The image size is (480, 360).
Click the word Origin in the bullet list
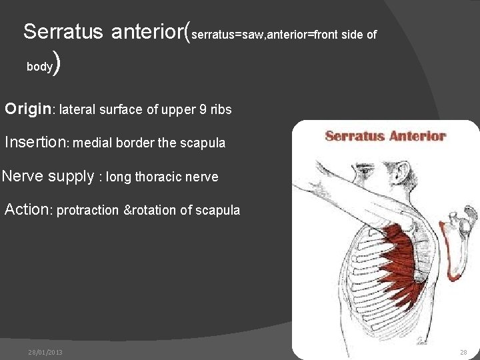click(29, 109)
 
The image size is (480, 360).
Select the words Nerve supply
click(48, 177)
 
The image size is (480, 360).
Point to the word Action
click(27, 210)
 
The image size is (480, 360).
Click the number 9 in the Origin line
click(203, 110)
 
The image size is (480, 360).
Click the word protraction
click(87, 211)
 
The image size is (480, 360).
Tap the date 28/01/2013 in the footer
click(46, 352)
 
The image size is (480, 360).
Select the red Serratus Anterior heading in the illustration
click(385, 136)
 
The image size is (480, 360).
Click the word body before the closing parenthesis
click(39, 67)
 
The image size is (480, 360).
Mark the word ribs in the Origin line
click(221, 110)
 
